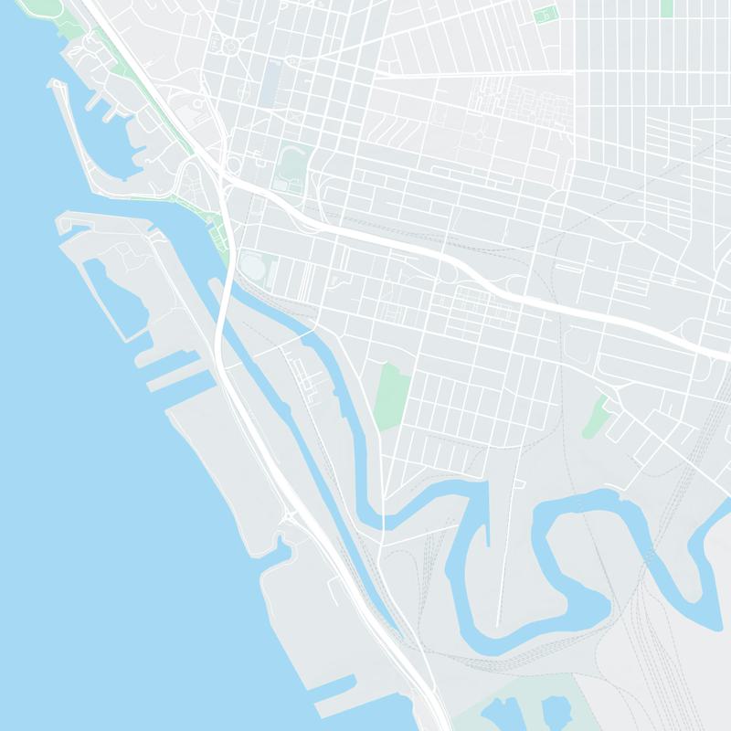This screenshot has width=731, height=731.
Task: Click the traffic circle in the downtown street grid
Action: click(229, 45)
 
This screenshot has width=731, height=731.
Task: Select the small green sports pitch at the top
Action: click(546, 15)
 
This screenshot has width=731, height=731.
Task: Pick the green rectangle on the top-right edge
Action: click(666, 7)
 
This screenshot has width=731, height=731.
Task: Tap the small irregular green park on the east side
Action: click(596, 416)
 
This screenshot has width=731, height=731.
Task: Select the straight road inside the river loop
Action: click(502, 567)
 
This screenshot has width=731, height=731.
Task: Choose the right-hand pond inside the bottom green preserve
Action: click(554, 714)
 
